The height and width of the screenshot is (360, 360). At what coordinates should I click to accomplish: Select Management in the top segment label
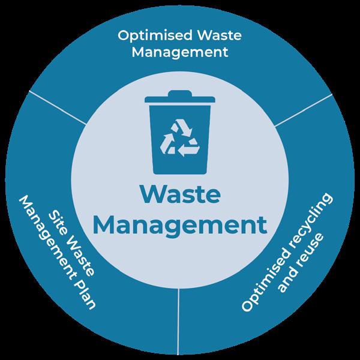[180, 52]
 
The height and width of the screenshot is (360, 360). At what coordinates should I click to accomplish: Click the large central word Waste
[180, 197]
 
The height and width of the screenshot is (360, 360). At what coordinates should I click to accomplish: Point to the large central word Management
[181, 226]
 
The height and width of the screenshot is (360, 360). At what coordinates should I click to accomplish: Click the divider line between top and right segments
[302, 109]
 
